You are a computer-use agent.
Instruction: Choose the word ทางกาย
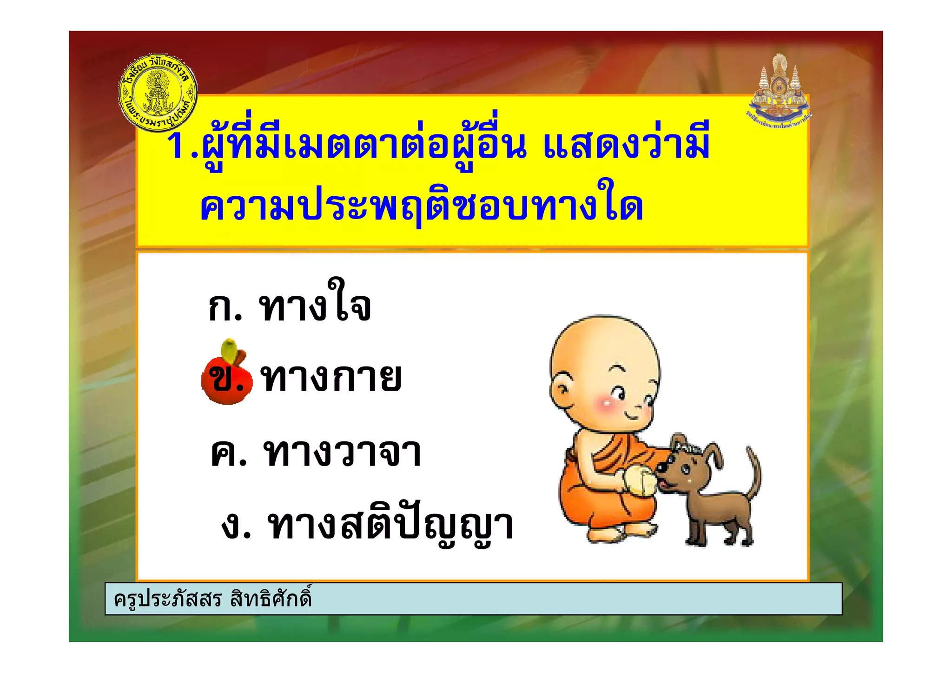tap(331, 378)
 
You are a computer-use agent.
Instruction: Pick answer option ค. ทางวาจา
tap(316, 452)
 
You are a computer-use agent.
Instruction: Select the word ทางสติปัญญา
tap(390, 526)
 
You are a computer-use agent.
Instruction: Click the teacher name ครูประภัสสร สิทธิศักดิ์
tap(212, 599)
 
